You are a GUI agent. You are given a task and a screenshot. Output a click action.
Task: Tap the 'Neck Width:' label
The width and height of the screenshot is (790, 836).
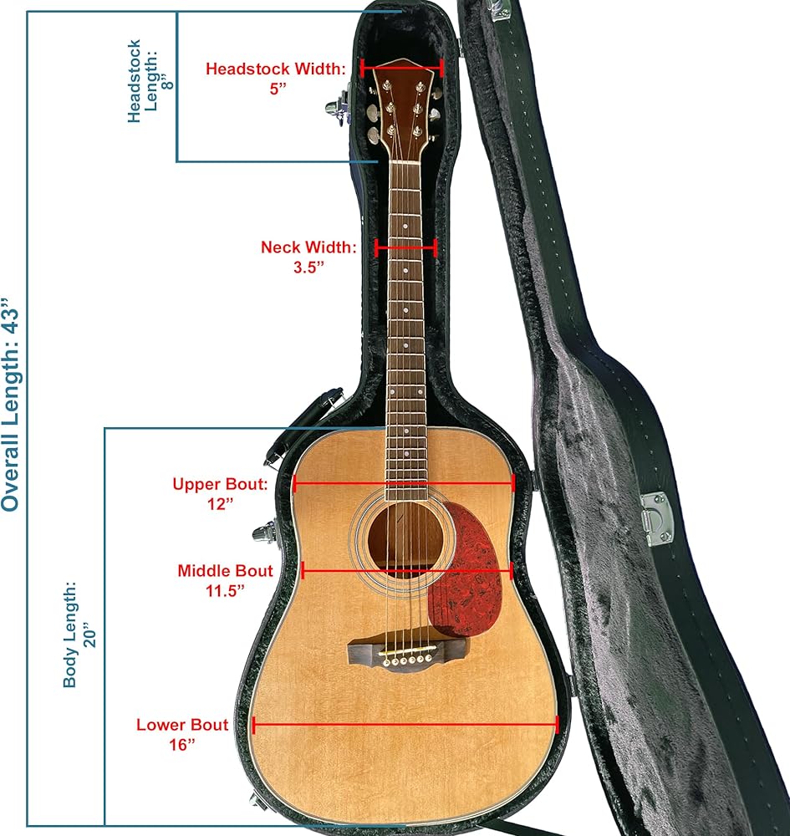[x=308, y=247]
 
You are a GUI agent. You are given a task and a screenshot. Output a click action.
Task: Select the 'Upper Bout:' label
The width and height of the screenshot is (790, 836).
[x=220, y=484]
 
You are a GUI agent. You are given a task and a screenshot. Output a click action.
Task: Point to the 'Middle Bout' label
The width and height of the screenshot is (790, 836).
[x=225, y=571]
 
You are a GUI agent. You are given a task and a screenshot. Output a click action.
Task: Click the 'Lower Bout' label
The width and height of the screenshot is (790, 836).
[x=182, y=725]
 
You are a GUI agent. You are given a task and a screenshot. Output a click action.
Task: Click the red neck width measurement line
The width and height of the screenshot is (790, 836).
[x=406, y=247]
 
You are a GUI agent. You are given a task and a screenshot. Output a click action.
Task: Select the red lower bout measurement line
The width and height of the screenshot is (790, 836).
[x=405, y=725]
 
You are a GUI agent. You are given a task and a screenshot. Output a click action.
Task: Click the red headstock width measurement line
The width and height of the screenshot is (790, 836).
[x=401, y=69]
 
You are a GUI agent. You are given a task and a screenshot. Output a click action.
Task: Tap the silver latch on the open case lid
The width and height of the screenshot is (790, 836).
[x=657, y=518]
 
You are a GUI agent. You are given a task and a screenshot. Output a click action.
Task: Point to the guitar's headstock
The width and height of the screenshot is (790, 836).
[x=404, y=109]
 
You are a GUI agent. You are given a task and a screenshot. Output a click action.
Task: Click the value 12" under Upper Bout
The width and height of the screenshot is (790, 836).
[x=220, y=504]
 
